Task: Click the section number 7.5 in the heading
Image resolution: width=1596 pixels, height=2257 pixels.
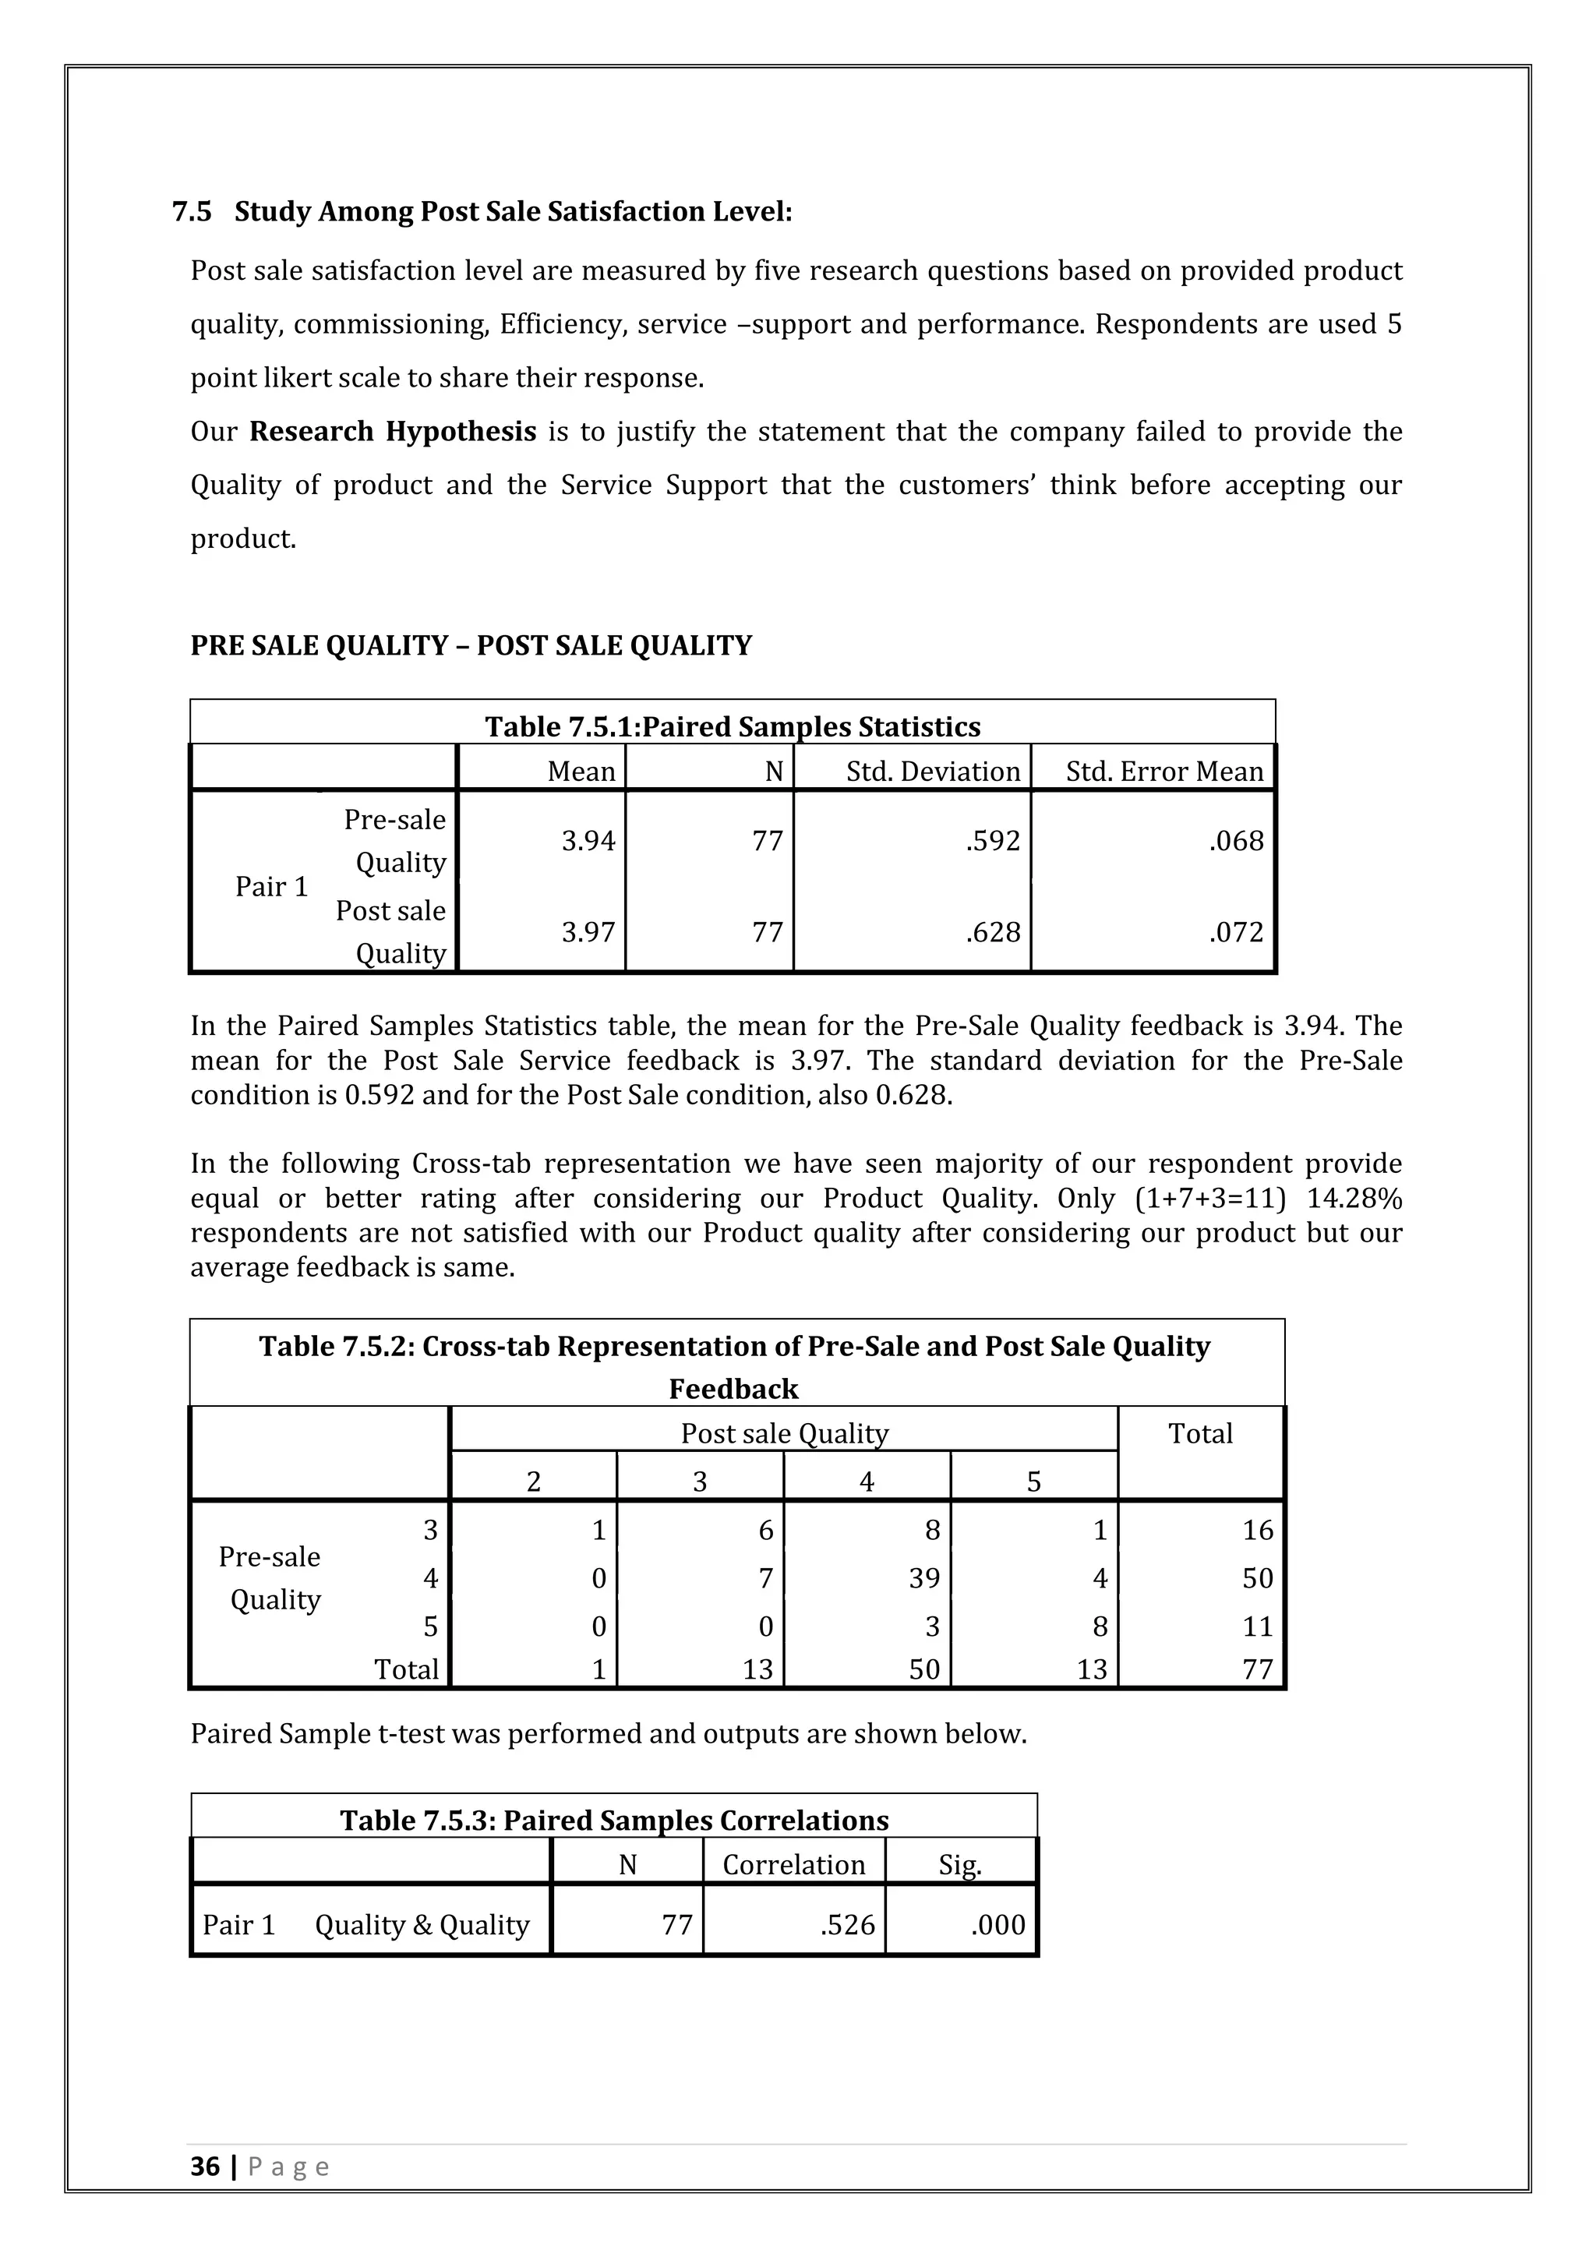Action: [192, 211]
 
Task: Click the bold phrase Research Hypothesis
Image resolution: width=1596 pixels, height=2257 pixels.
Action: [392, 432]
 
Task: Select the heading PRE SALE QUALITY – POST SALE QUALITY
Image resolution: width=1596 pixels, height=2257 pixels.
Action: [471, 646]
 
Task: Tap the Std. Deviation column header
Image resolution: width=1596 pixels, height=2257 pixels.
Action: [933, 772]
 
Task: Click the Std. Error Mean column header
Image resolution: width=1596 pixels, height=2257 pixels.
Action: [1163, 772]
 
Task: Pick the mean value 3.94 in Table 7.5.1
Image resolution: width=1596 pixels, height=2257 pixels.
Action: [588, 842]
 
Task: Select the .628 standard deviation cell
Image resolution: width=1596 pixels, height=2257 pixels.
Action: [993, 932]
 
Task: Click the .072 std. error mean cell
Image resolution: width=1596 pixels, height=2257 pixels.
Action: [1235, 932]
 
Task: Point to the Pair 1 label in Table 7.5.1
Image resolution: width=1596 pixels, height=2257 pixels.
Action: [271, 887]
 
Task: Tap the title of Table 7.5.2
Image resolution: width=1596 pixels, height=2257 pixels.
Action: [734, 1366]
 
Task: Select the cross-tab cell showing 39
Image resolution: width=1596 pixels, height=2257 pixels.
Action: [923, 1577]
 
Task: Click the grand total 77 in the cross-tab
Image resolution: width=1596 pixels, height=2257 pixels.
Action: [1257, 1669]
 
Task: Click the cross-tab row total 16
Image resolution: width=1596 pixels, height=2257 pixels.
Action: [1257, 1530]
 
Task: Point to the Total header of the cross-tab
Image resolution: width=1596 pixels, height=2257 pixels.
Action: [1199, 1433]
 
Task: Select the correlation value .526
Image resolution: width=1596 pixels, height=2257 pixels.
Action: [847, 1925]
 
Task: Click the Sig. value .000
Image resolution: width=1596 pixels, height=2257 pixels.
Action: [997, 1925]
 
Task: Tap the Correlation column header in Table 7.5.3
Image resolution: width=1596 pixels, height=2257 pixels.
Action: [793, 1865]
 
